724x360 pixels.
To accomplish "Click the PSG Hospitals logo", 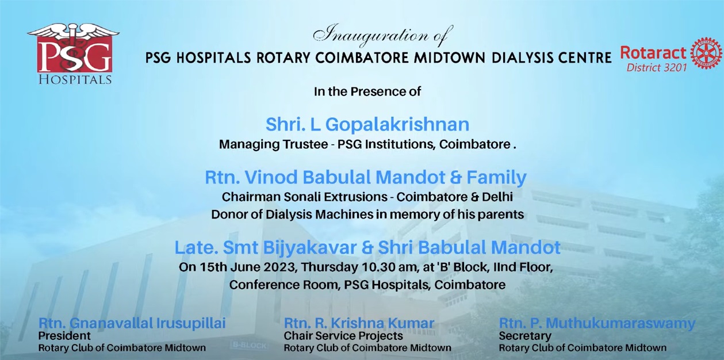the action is [74, 53].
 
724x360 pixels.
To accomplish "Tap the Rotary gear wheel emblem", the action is [707, 53].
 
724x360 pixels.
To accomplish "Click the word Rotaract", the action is [653, 53].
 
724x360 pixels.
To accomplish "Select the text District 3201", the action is [657, 67].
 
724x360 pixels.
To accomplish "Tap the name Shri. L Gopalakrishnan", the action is [367, 125].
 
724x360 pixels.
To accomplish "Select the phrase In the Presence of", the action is [367, 91].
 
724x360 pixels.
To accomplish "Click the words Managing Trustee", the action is [273, 144].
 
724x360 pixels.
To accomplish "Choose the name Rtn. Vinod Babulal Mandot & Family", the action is [366, 177].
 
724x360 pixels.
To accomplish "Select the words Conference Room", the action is [284, 285].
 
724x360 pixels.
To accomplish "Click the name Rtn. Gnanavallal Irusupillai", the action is [132, 323].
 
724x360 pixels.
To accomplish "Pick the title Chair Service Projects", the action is [343, 336].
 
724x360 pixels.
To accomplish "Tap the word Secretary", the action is [525, 336].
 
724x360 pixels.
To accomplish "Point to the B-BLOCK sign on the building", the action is [249, 346].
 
